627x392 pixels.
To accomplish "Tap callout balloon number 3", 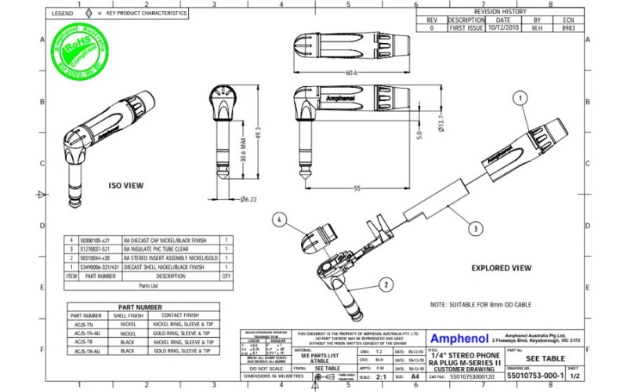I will [x=475, y=229].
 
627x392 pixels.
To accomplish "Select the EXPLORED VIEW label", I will [x=502, y=267].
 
